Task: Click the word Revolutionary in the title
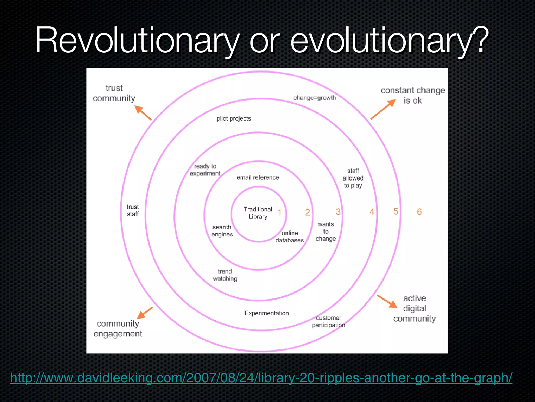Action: tap(137, 41)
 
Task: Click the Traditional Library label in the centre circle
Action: tap(258, 213)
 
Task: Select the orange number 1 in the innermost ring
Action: tap(279, 212)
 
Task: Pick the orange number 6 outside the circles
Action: tap(419, 211)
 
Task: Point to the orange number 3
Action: tap(338, 211)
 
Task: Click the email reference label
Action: tap(258, 177)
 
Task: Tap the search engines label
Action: tap(222, 231)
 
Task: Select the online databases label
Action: tap(290, 237)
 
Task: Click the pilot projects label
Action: tap(234, 119)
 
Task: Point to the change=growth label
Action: tap(315, 98)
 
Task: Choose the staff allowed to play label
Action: tap(353, 178)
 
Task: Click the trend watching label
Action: tap(225, 275)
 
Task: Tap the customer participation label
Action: tap(328, 321)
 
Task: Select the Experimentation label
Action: tap(267, 313)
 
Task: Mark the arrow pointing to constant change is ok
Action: tap(383, 109)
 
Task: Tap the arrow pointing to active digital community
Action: tap(387, 301)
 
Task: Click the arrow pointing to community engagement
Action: tap(145, 313)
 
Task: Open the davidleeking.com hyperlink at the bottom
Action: tap(261, 378)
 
